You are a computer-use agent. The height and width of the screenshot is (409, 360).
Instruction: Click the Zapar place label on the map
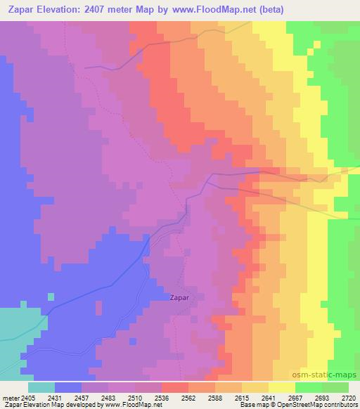(180, 297)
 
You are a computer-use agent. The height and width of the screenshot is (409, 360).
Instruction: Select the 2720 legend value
(347, 398)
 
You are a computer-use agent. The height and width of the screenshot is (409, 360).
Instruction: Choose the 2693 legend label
(321, 398)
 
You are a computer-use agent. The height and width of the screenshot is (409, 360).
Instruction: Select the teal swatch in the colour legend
(41, 387)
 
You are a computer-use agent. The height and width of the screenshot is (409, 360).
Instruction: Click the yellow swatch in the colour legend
(281, 387)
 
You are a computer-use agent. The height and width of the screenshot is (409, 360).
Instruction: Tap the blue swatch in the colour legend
(68, 387)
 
